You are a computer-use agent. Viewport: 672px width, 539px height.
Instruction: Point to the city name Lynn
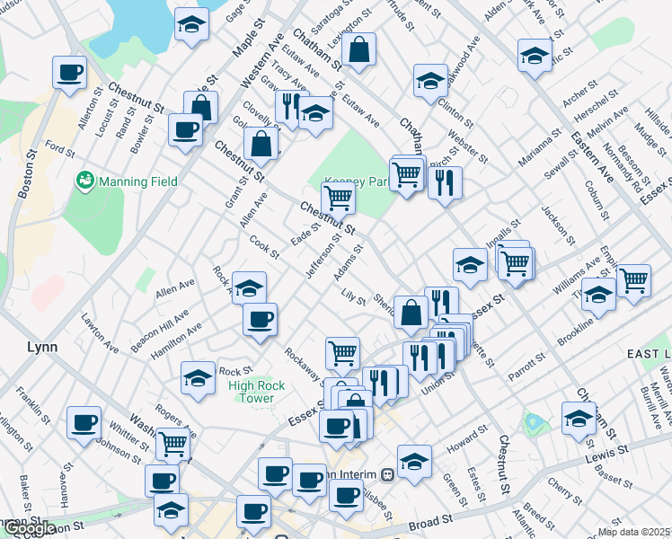(x=42, y=346)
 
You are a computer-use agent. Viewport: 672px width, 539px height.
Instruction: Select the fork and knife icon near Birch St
(x=444, y=183)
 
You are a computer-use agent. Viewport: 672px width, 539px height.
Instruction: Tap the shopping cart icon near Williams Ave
(x=633, y=279)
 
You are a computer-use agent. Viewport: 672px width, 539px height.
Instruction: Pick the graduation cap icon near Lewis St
(x=579, y=417)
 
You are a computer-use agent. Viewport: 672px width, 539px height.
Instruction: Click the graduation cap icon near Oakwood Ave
(x=430, y=80)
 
